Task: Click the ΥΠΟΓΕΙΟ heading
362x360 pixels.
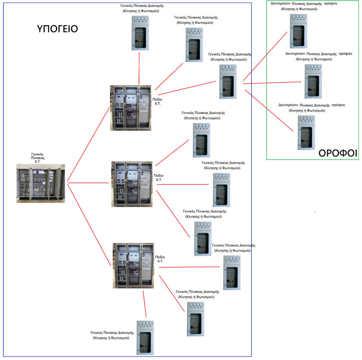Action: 57,29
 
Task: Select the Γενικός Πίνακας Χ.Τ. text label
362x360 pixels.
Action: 38,158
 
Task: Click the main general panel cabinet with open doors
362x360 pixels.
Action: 40,183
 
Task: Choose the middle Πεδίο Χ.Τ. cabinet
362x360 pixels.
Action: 131,184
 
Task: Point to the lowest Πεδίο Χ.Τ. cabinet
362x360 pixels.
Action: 133,265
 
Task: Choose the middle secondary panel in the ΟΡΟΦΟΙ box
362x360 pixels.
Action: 312,81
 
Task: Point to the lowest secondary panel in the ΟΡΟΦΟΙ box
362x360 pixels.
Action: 306,133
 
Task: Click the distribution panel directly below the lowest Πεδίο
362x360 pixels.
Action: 145,338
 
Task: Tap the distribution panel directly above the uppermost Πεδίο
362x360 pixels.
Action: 140,33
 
